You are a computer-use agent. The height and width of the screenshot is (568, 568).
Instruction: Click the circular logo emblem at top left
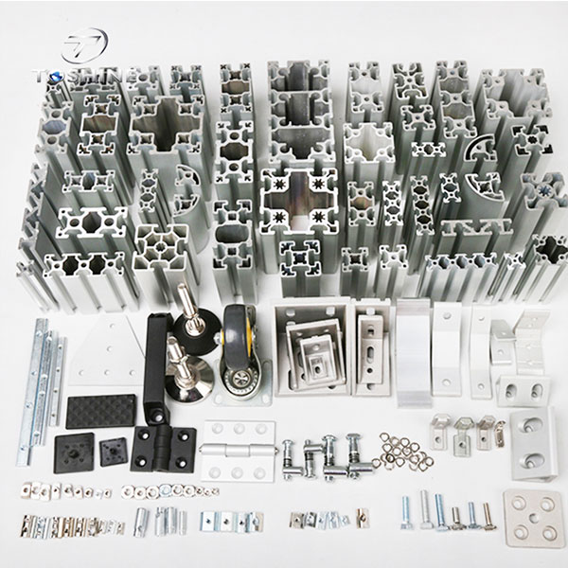[86, 43]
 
